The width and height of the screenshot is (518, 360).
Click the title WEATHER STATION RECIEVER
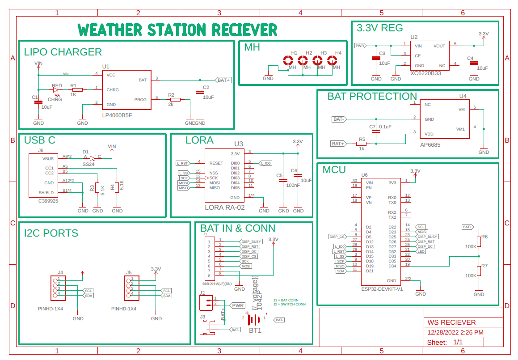(x=177, y=30)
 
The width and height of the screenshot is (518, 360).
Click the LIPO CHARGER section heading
(x=63, y=52)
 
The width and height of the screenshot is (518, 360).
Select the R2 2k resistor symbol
(x=175, y=100)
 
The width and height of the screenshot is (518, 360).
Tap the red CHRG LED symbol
(x=56, y=90)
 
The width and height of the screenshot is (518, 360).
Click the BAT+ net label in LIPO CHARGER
(x=223, y=80)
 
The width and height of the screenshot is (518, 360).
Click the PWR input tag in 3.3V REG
(x=360, y=46)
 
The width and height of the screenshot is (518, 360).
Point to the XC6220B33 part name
(x=425, y=73)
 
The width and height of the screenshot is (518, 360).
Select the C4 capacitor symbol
(x=474, y=63)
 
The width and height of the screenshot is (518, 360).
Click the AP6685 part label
(x=430, y=145)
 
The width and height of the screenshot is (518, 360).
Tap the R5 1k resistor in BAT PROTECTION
(x=361, y=144)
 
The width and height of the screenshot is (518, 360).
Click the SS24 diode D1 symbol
(x=92, y=158)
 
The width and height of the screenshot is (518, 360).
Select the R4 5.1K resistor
(x=117, y=187)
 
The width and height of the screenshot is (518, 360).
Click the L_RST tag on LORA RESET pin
(x=182, y=163)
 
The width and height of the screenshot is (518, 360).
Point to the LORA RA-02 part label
(x=225, y=207)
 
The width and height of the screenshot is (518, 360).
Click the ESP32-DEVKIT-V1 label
(x=382, y=289)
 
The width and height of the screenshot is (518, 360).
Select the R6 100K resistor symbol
(x=479, y=242)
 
